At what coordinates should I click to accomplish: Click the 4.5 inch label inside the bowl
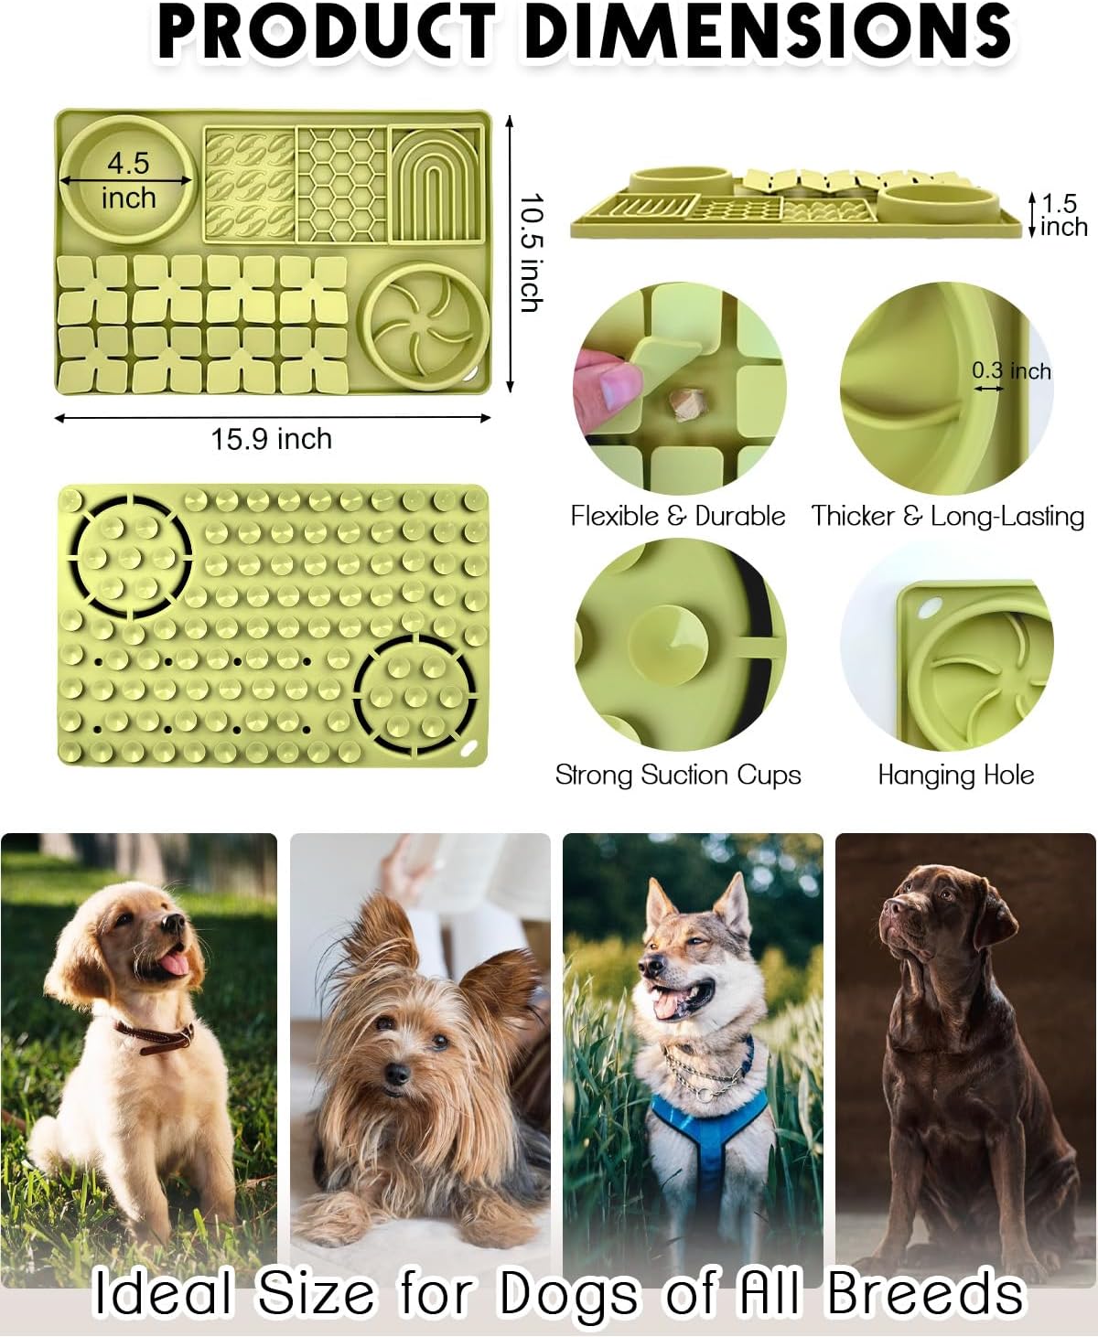pyautogui.click(x=128, y=180)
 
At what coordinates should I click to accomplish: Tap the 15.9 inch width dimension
pyautogui.click(x=272, y=439)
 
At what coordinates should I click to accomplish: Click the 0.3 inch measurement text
pyautogui.click(x=1011, y=370)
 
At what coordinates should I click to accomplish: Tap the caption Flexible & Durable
pyautogui.click(x=678, y=516)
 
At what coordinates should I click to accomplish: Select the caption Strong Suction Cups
pyautogui.click(x=678, y=775)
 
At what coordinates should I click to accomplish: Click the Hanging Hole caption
pyautogui.click(x=955, y=775)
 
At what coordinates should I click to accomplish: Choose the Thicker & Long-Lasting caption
pyautogui.click(x=947, y=516)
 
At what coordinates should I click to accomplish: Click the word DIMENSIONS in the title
pyautogui.click(x=769, y=32)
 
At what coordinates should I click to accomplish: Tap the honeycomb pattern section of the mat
pyautogui.click(x=341, y=183)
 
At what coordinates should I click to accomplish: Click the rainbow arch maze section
pyautogui.click(x=436, y=183)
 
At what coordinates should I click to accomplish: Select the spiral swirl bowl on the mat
pyautogui.click(x=424, y=326)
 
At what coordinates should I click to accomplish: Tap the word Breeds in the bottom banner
pyautogui.click(x=924, y=1294)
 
